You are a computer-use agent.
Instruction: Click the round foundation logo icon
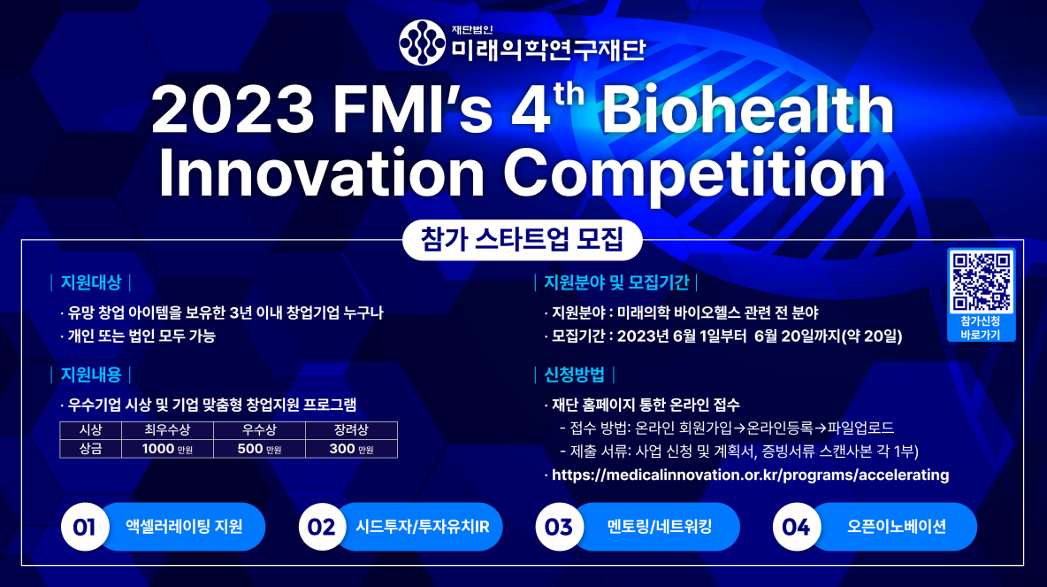point(422,42)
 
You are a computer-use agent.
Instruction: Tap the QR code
point(981,282)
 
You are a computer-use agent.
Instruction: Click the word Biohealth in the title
point(748,110)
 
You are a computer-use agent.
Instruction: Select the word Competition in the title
point(695,174)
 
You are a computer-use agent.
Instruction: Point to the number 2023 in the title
point(233,110)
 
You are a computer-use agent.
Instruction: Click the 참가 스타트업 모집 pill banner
point(522,239)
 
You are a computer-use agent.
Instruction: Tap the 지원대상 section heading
point(91,282)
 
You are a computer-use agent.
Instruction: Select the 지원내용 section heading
point(91,375)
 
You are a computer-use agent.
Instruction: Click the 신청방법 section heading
point(574,375)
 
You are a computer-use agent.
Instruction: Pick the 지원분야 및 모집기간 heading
point(615,282)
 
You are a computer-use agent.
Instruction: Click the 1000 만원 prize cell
point(167,449)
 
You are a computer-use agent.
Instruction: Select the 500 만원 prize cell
point(259,449)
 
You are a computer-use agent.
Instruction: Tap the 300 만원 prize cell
point(351,449)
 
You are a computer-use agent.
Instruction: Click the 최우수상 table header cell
point(167,430)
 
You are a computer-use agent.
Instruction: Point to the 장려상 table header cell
point(351,430)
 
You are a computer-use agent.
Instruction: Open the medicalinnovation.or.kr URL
point(751,475)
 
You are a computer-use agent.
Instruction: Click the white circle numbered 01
point(85,527)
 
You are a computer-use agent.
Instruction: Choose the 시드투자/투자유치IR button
point(420,527)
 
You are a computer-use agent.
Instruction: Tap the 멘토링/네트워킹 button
point(657,527)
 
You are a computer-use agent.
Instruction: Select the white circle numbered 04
point(797,527)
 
